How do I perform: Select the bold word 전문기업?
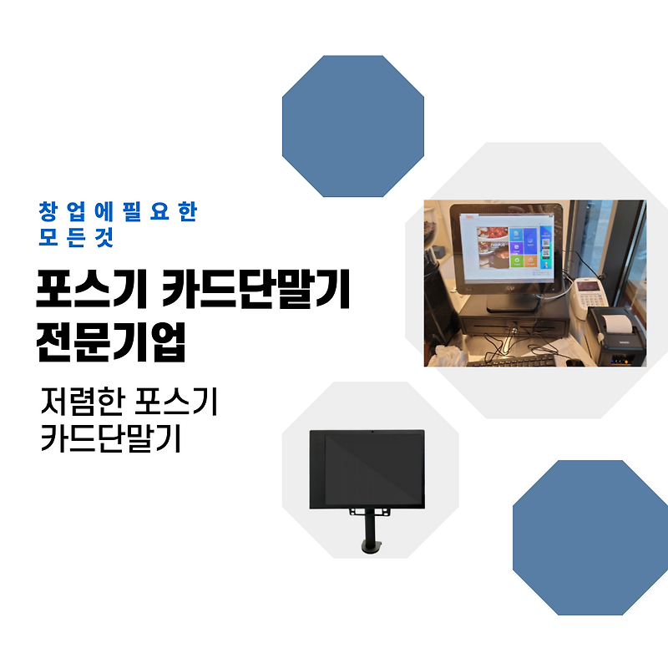tap(111, 342)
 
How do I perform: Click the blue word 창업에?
tap(82, 212)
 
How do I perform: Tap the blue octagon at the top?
tap(353, 126)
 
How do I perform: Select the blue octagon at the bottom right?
tap(590, 537)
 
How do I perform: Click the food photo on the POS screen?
tap(488, 250)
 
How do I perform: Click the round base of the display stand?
tap(367, 548)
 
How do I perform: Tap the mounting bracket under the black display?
tap(367, 510)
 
